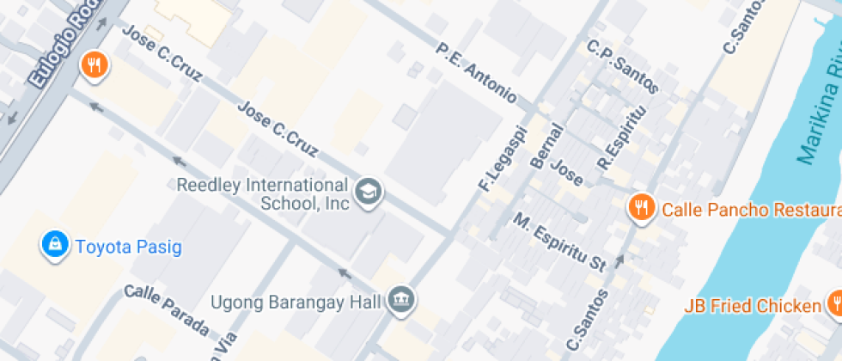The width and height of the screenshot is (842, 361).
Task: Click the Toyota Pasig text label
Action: [129, 248]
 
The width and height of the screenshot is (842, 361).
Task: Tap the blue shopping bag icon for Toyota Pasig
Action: [55, 245]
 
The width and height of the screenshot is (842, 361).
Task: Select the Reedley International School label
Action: [262, 194]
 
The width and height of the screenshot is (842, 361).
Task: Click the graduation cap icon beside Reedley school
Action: [369, 192]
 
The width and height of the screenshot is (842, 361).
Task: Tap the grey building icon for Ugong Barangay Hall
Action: [400, 300]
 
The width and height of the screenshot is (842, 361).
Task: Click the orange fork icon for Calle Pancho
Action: [640, 207]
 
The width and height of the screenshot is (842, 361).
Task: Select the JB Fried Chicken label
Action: [752, 306]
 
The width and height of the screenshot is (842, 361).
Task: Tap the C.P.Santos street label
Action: [623, 65]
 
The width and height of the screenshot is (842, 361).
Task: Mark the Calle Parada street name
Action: [167, 310]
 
